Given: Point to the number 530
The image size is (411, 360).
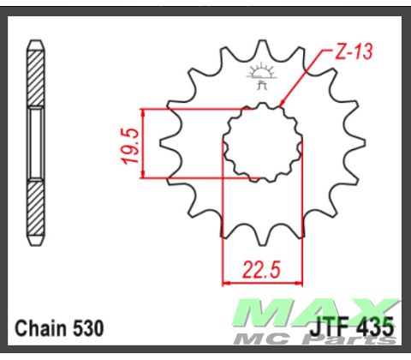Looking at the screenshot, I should pyautogui.click(x=89, y=328).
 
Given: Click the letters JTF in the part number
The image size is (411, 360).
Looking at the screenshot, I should pyautogui.click(x=331, y=327).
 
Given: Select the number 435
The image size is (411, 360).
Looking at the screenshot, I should pyautogui.click(x=376, y=327).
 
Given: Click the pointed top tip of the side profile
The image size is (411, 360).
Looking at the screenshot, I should pyautogui.click(x=34, y=40).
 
